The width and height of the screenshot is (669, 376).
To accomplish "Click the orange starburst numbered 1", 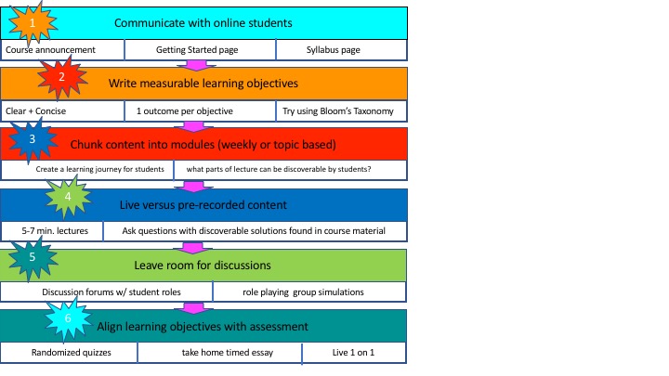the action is coord(33,23).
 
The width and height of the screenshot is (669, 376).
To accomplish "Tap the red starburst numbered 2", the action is coord(62,77).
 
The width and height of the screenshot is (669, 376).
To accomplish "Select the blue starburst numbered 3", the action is coord(32,139).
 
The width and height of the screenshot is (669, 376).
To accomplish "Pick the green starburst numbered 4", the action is coord(68,197).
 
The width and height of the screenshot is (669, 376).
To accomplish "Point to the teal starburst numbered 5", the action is coord(32,257).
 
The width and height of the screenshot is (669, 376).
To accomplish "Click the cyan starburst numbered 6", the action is coord(68,318).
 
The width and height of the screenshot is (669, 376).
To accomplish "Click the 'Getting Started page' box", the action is coord(200,50).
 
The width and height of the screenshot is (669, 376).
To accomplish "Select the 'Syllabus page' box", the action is coord(341,50).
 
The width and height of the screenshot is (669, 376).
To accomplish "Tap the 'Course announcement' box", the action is coord(62,50).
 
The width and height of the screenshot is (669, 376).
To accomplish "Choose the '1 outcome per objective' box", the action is coord(200,111).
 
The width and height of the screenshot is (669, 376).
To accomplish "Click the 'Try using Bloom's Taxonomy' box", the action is coord(341,111).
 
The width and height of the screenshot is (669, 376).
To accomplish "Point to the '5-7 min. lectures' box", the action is coord(52,231).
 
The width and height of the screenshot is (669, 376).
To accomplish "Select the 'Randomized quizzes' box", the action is coord(69,353).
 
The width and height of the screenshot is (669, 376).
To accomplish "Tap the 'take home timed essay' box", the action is coord(219,353).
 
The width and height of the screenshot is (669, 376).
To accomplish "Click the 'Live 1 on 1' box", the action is coord(354,353).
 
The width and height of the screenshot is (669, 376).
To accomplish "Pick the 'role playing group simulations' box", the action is coord(309,292).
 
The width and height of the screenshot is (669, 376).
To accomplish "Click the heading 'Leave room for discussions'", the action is coord(203,266).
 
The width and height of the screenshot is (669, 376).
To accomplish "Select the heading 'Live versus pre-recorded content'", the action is coord(203,205).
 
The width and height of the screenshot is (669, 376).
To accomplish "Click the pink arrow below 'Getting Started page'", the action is coord(197,65).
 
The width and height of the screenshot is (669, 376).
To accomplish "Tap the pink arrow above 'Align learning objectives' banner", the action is coord(193,308).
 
